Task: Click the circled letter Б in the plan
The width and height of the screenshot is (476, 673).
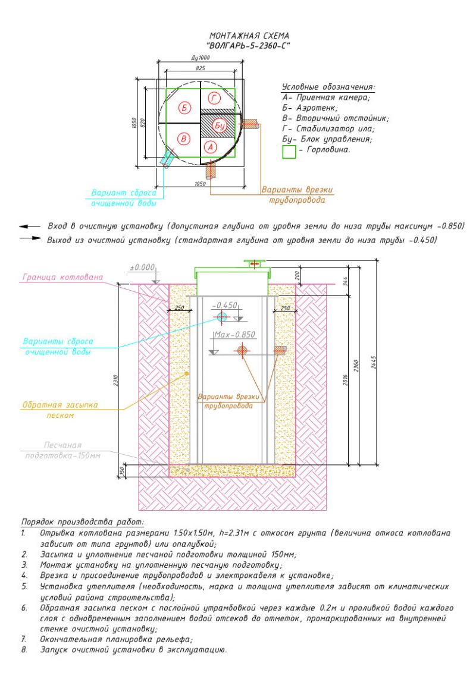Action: (184, 107)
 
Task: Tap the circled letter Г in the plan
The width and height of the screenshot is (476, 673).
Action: (214, 99)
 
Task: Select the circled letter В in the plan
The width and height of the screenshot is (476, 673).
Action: (184, 139)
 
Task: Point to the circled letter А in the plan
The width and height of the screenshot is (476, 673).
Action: (211, 147)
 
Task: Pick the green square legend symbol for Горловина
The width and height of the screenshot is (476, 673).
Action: (289, 152)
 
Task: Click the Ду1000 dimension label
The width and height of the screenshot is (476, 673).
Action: (200, 58)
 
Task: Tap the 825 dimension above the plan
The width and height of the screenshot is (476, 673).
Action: (200, 68)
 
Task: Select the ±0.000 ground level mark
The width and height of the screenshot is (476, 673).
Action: (142, 268)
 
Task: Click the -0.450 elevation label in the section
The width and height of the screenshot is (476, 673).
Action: (224, 305)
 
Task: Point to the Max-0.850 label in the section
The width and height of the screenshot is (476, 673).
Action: (234, 334)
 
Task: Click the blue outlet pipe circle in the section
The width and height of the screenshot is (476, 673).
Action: (222, 317)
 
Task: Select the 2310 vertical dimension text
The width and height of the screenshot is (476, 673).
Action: (116, 381)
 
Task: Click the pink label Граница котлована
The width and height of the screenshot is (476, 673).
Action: (62, 277)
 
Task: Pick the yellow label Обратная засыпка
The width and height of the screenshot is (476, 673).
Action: (60, 405)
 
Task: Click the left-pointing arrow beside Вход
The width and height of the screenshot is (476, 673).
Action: (30, 226)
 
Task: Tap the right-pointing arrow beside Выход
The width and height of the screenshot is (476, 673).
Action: (30, 238)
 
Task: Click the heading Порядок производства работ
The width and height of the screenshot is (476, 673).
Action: (83, 523)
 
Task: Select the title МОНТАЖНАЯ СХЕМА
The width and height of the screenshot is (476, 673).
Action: (249, 36)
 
